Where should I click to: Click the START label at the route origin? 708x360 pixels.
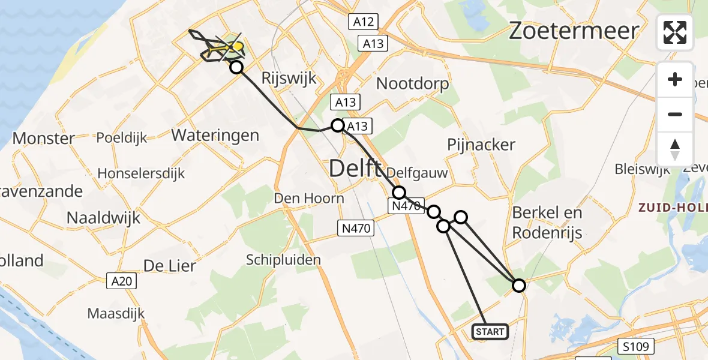pyautogui.click(x=491, y=331)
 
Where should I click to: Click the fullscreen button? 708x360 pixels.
pyautogui.click(x=675, y=32)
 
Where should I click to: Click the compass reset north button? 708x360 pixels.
pyautogui.click(x=675, y=149)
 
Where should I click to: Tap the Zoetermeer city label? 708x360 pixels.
pyautogui.click(x=574, y=31)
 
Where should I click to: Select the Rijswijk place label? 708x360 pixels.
pyautogui.click(x=289, y=79)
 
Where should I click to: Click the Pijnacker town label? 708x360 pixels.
pyautogui.click(x=481, y=145)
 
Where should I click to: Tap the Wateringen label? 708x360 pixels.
pyautogui.click(x=215, y=135)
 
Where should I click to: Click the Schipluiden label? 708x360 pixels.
pyautogui.click(x=284, y=260)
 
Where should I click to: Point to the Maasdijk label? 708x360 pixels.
pyautogui.click(x=116, y=313)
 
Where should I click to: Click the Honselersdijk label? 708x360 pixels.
pyautogui.click(x=142, y=173)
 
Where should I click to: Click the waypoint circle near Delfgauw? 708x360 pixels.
pyautogui.click(x=399, y=193)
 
